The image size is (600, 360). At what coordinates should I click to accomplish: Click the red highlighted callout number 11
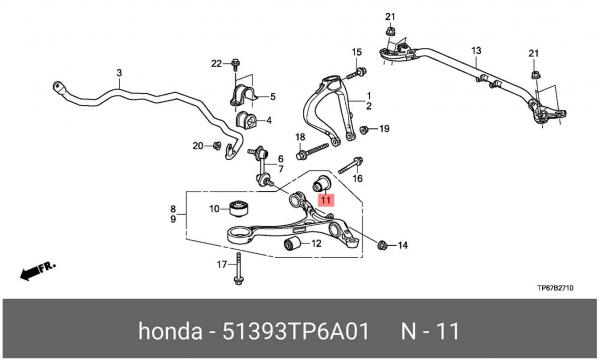click(x=326, y=200)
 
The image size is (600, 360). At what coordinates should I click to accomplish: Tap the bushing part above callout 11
click(x=321, y=182)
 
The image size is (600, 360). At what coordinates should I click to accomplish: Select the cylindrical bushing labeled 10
click(x=239, y=209)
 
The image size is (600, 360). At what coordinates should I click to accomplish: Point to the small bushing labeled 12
click(x=293, y=243)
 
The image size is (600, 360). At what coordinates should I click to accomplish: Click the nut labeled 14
click(x=382, y=245)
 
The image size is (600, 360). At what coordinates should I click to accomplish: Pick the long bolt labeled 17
click(x=238, y=269)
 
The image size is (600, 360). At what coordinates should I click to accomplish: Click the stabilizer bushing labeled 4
click(x=246, y=121)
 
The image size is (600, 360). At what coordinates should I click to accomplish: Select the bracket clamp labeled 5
click(x=243, y=96)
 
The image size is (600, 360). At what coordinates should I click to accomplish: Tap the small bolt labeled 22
click(x=235, y=65)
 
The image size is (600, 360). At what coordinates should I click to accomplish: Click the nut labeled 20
click(x=217, y=146)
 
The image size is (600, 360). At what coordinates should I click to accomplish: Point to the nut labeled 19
click(x=364, y=130)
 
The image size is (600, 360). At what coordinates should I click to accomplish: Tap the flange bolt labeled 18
click(x=312, y=150)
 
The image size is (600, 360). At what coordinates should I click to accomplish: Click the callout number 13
click(x=476, y=50)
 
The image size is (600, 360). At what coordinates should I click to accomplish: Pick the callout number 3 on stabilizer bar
click(x=119, y=72)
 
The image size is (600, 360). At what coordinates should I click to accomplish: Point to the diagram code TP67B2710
click(x=555, y=288)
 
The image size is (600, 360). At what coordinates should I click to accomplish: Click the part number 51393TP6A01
click(x=296, y=331)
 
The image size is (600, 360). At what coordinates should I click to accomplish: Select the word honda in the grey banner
click(x=170, y=331)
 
